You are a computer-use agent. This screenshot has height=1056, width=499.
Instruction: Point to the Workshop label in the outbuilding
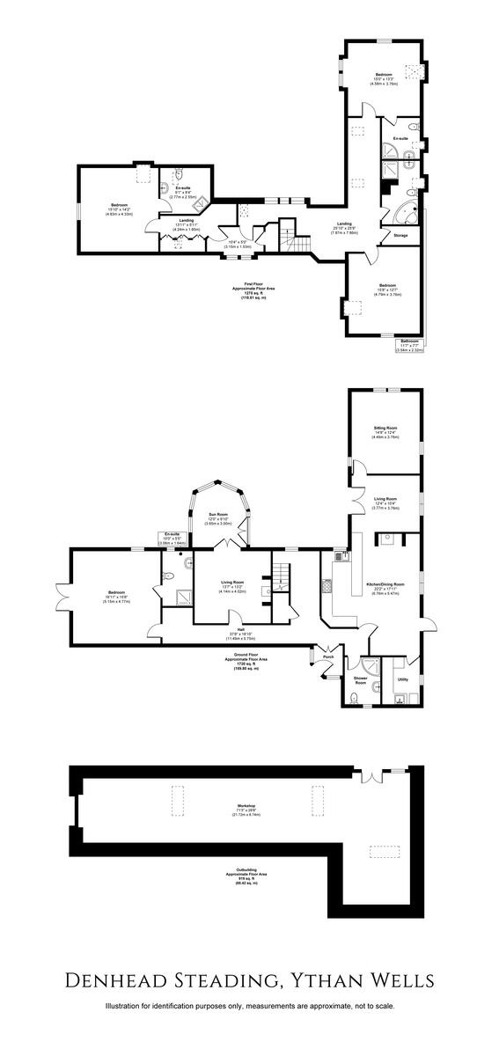[245, 806]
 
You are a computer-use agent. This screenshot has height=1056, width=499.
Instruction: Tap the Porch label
[328, 656]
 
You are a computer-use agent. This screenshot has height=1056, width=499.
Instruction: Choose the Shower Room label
[360, 679]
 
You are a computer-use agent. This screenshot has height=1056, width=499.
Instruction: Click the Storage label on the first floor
[400, 236]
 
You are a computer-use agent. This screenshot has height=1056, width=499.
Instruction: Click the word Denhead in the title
[136, 979]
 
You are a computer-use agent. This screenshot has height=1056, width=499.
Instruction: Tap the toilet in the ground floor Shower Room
[354, 699]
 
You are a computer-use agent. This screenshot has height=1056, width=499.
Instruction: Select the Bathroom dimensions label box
[410, 346]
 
